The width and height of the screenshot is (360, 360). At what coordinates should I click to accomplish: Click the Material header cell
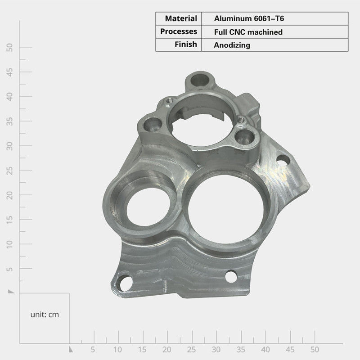click(x=181, y=18)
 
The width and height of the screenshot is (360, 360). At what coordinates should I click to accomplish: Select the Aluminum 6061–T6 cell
click(x=249, y=18)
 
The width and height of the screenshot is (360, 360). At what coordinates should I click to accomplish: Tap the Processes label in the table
click(x=179, y=31)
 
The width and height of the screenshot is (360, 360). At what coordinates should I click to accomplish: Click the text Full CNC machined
click(x=248, y=32)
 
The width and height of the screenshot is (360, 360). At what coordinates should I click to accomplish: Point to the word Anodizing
click(x=232, y=45)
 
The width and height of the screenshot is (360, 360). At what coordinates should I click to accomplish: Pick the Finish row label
click(x=186, y=44)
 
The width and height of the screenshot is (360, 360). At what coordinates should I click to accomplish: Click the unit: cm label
click(x=45, y=315)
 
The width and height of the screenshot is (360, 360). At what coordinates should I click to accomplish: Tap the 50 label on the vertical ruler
click(x=9, y=48)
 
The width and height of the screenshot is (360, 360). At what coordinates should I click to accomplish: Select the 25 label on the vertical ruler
click(x=9, y=171)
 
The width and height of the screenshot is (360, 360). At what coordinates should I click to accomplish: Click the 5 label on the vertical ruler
click(x=9, y=269)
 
